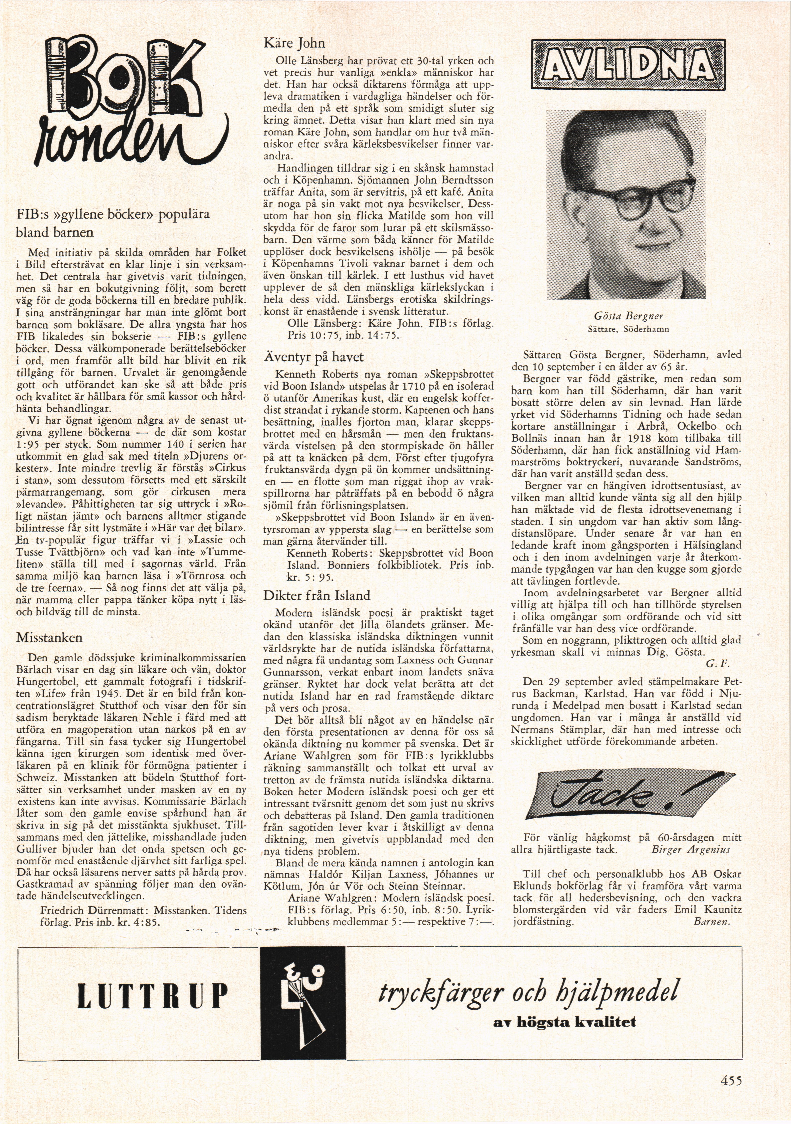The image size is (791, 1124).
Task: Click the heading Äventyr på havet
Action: [313, 357]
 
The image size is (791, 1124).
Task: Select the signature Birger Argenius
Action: [690, 849]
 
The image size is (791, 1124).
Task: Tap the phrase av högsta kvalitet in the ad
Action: [565, 1022]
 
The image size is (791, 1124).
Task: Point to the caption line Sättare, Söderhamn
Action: [628, 330]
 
